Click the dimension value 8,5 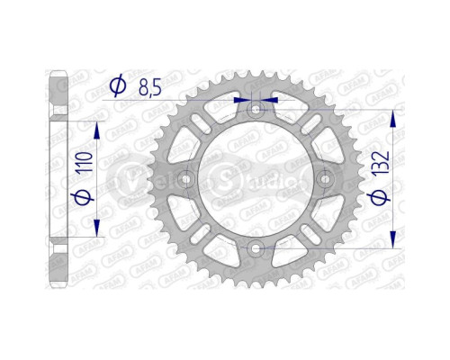tap(150, 87)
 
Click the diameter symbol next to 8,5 tap(117, 87)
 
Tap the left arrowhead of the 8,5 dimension tap(242, 100)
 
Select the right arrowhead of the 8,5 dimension tap(269, 100)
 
